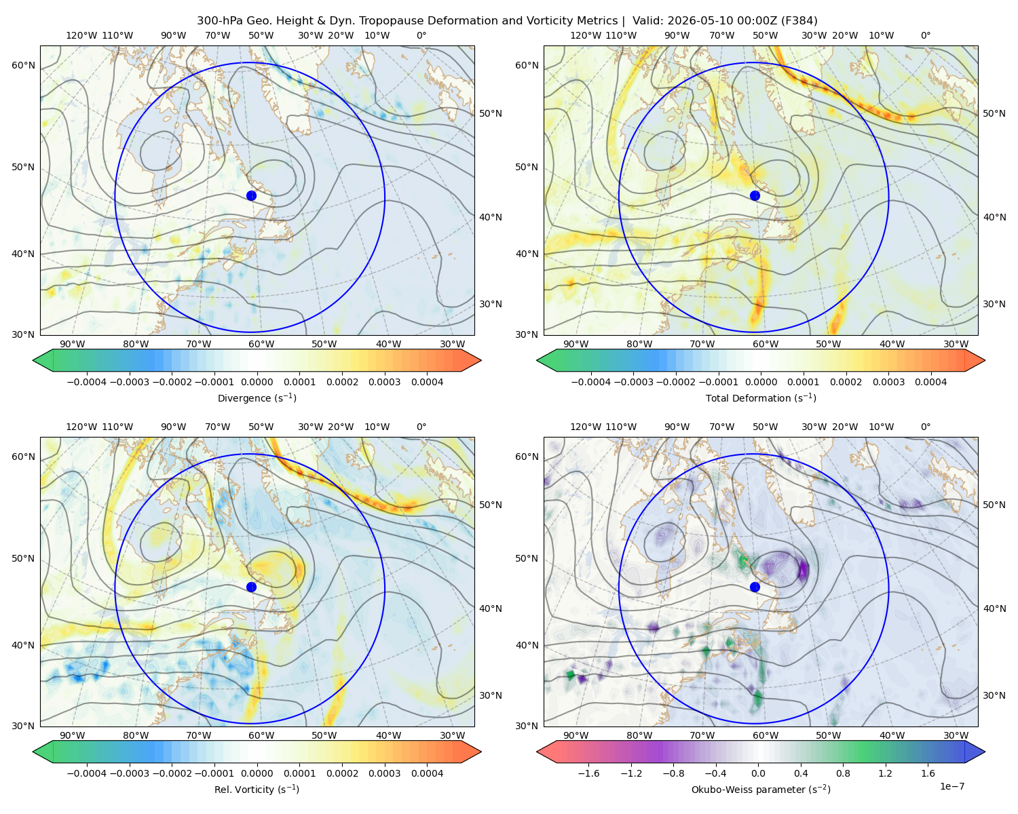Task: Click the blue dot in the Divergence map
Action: click(251, 195)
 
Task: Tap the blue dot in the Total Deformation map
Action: click(755, 195)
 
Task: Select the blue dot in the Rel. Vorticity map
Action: click(251, 587)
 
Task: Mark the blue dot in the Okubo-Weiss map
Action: click(755, 587)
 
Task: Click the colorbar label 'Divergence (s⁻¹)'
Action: click(257, 398)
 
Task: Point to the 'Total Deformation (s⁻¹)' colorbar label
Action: click(761, 398)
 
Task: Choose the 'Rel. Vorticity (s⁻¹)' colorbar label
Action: click(257, 789)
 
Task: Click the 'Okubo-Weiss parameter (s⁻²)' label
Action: click(761, 789)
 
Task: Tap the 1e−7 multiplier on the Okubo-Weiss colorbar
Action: click(951, 786)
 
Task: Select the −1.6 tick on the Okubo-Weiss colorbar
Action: click(588, 773)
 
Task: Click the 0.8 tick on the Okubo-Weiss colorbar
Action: click(843, 773)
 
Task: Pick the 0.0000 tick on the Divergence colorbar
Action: click(257, 382)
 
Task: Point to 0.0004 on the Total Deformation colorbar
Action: click(930, 382)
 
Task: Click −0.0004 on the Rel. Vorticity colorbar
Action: click(87, 773)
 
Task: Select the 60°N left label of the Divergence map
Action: click(23, 65)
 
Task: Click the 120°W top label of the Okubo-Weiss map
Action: click(585, 427)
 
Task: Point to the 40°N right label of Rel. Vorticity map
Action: click(491, 608)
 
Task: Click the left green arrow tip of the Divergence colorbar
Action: click(33, 360)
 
